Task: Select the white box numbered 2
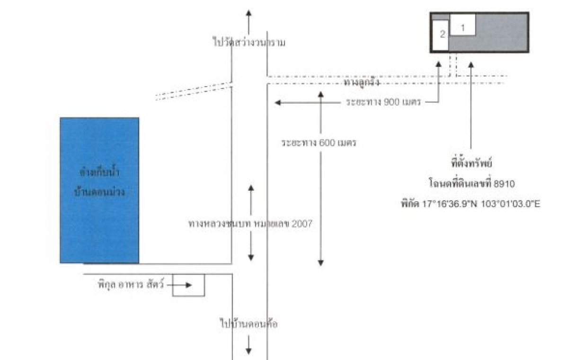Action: (441, 36)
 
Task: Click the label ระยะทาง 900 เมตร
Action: (383, 102)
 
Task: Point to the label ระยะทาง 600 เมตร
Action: (318, 143)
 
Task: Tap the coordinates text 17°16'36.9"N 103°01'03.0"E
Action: (471, 204)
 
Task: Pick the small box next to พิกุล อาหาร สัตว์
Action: (188, 285)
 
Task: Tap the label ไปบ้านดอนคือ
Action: (248, 324)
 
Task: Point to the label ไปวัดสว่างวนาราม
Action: (249, 42)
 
